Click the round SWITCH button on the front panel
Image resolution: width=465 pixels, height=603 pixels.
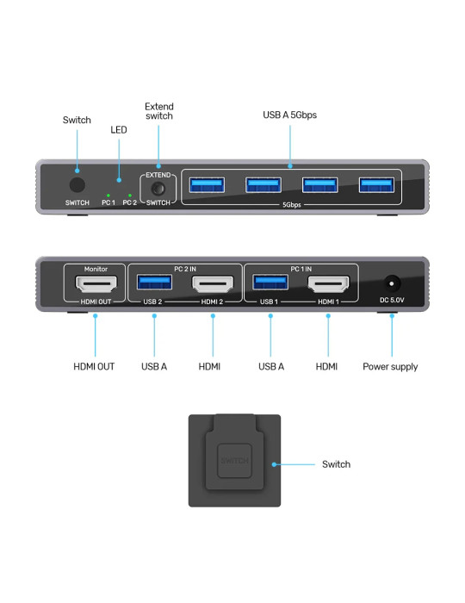77,185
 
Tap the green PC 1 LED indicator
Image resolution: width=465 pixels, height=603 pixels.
108,196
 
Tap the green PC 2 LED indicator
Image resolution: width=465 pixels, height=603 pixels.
130,196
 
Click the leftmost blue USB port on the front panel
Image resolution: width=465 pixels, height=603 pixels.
207,185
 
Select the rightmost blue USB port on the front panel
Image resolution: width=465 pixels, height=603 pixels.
376,185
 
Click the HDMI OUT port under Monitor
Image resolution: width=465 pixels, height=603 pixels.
96,284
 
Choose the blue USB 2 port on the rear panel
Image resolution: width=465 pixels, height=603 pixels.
154,283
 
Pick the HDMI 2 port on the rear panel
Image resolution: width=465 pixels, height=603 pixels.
213,284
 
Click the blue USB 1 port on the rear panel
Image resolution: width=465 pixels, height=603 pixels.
270,283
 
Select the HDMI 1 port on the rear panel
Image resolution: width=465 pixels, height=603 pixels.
329,284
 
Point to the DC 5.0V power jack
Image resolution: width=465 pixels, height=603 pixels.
392,284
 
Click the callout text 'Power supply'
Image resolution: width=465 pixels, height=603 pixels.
390,367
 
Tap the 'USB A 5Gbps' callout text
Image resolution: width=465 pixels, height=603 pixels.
289,115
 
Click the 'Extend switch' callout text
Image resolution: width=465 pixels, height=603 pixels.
159,111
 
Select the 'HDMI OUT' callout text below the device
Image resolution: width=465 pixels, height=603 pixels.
94,366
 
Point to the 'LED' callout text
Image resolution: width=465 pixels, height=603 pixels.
119,130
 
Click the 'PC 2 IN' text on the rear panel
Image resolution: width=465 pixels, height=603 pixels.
185,269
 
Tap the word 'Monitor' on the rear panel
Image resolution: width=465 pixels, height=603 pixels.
96,269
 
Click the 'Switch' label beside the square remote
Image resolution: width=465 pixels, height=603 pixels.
336,464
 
